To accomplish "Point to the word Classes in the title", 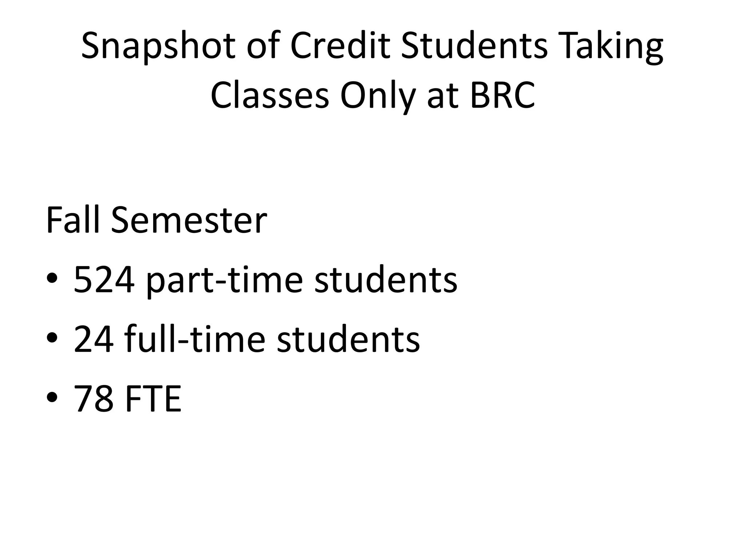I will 270,95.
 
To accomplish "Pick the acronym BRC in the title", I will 502,95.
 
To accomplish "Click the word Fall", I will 72,220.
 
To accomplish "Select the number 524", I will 103,279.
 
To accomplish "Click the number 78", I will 93,399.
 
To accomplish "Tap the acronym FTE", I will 153,399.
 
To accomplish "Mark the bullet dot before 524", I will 52,279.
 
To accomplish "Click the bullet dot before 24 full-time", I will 52,338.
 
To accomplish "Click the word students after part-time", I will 386,279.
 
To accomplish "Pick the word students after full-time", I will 348,339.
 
